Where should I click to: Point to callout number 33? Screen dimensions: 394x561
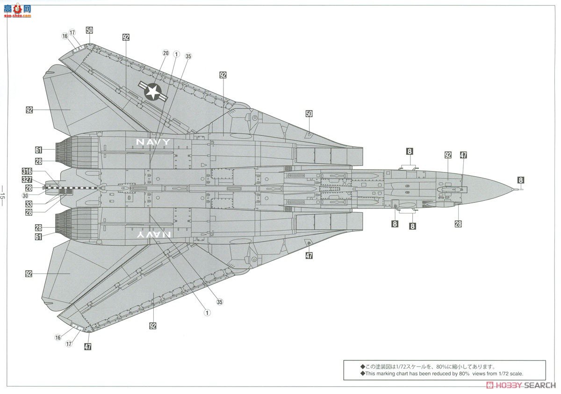29,204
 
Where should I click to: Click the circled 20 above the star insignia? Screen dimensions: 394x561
165,53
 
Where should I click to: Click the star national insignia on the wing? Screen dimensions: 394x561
152,91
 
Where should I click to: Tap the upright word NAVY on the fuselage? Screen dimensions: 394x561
153,142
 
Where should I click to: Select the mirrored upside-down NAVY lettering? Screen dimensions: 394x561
153,235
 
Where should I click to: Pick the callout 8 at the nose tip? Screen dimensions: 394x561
521,180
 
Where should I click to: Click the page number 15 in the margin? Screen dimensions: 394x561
4,196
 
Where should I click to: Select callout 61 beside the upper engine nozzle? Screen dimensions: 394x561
38,150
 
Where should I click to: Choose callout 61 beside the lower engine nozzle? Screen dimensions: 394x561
38,237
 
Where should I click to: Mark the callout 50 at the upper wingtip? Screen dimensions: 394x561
89,30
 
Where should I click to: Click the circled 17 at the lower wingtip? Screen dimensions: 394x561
69,344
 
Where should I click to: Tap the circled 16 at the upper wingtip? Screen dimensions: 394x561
65,36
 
